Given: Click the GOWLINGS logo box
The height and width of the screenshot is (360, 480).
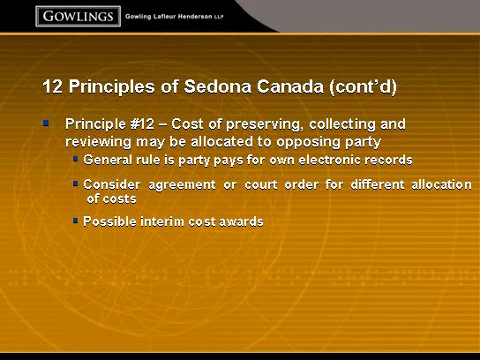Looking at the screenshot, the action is pyautogui.click(x=78, y=16).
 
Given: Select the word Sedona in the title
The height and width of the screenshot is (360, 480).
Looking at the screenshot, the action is pyautogui.click(x=218, y=86).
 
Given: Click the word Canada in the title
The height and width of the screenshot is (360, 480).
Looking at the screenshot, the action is pyautogui.click(x=290, y=86).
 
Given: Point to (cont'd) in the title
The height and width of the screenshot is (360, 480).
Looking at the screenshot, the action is pyautogui.click(x=363, y=87).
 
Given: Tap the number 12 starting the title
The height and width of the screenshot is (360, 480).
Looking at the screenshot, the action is pyautogui.click(x=53, y=86).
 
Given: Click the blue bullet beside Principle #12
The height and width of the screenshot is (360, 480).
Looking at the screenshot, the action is pyautogui.click(x=46, y=123).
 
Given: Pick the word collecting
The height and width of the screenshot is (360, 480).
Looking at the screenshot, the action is pyautogui.click(x=342, y=124).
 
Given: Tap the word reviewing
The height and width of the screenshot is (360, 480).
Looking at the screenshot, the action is pyautogui.click(x=98, y=142).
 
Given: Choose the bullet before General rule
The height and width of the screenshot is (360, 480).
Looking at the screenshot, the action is pyautogui.click(x=76, y=159).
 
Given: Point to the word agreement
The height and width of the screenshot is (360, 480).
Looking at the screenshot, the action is pyautogui.click(x=182, y=185).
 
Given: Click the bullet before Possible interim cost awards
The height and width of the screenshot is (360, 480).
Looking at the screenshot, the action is pyautogui.click(x=76, y=221).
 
